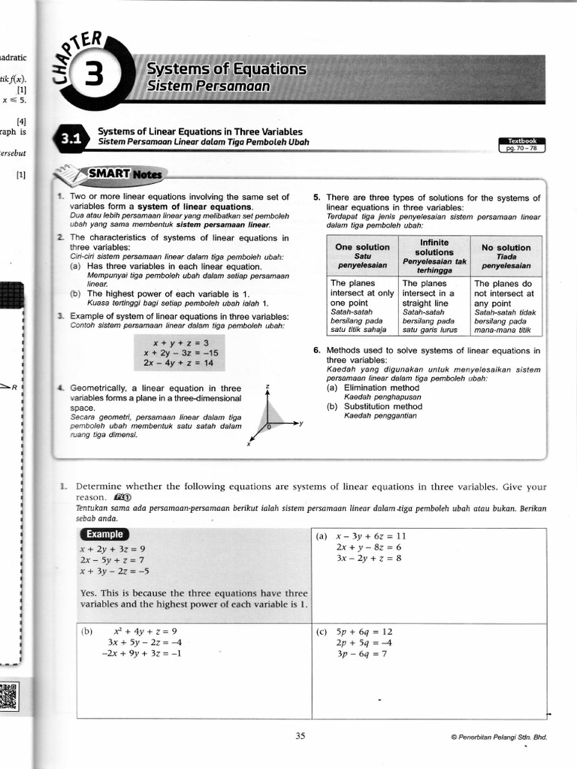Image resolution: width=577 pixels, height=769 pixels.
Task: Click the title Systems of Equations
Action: coord(226,69)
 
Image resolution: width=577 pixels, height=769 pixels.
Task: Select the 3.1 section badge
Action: coord(71,138)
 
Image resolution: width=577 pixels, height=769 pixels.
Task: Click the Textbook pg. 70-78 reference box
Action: coord(522,144)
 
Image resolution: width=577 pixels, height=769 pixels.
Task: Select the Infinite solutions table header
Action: coord(434,255)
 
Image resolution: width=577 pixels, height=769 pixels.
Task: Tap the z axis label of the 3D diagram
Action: coord(267,386)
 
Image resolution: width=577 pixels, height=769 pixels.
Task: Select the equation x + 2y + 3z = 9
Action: coord(113,548)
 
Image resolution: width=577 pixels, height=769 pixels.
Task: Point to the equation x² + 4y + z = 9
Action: coord(145,632)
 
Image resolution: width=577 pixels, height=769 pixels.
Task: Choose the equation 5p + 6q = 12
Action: coord(364,632)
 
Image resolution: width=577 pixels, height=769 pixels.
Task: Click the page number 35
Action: coord(300,736)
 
